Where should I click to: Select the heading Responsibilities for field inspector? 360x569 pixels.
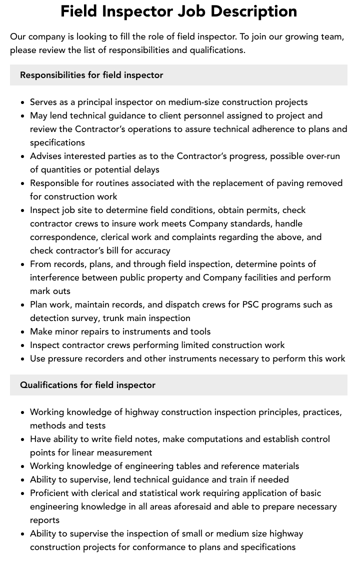tap(91, 75)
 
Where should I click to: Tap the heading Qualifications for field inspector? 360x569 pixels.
tap(87, 385)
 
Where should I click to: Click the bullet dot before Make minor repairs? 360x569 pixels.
tap(23, 332)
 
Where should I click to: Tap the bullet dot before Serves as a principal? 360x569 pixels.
tap(23, 102)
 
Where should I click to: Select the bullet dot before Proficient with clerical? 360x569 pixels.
tap(23, 493)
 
